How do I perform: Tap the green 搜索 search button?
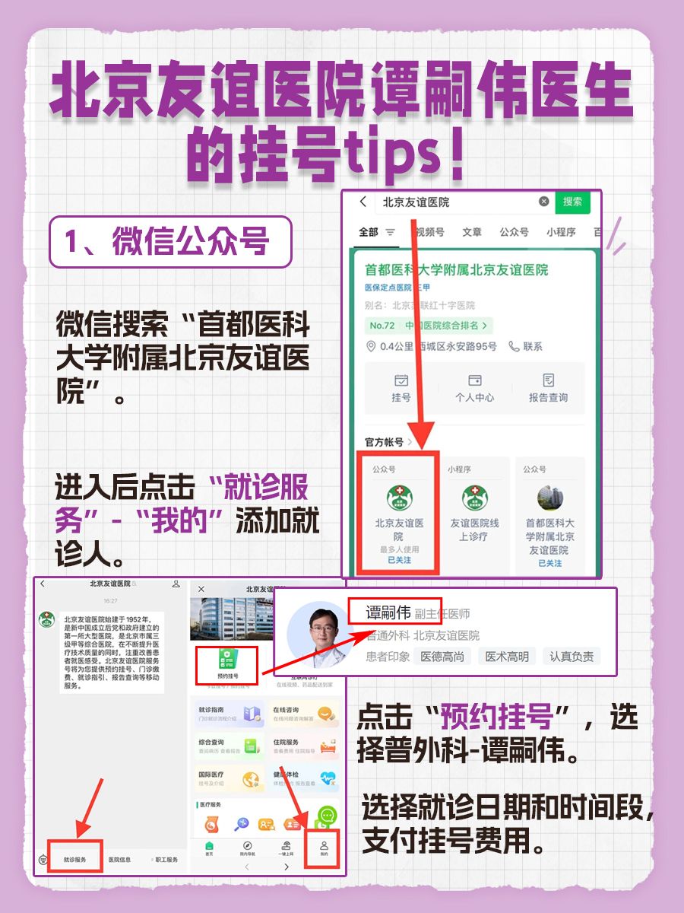click(x=572, y=202)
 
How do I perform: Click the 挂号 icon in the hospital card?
click(x=401, y=387)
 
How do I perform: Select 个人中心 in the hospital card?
click(x=474, y=387)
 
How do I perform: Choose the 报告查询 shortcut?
click(x=548, y=387)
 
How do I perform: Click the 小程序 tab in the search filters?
click(x=560, y=232)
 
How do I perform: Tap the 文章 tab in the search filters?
click(x=472, y=232)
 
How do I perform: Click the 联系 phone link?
click(x=526, y=346)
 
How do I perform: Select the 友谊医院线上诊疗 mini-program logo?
click(x=475, y=498)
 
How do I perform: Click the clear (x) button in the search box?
click(x=543, y=202)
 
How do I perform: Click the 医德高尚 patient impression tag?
click(x=442, y=656)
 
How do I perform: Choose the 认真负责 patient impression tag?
click(x=572, y=656)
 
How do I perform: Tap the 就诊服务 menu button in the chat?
click(x=74, y=860)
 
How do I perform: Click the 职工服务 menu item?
click(x=163, y=860)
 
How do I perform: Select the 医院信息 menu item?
click(x=119, y=860)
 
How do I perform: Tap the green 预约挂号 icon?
click(x=227, y=659)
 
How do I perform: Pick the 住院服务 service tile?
click(x=304, y=746)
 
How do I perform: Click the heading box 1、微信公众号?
click(x=170, y=242)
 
